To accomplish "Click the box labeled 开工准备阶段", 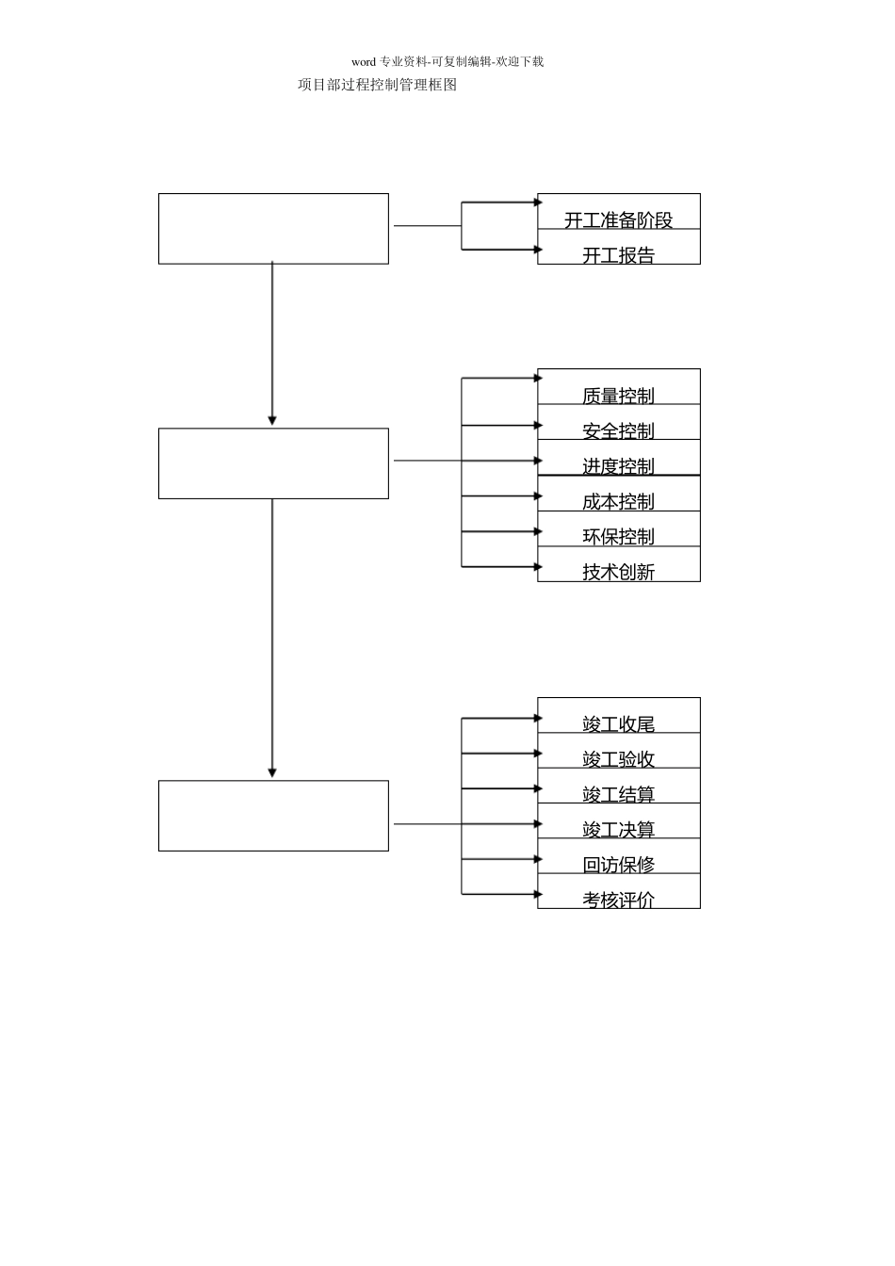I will (x=618, y=219).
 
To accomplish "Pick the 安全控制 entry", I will (x=618, y=430).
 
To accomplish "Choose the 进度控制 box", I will (x=618, y=465).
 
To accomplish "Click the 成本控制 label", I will (x=618, y=501).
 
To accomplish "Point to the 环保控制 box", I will (x=618, y=536).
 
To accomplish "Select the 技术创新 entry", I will (x=618, y=571).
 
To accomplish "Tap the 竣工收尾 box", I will (x=618, y=723).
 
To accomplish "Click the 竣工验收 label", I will (x=618, y=758).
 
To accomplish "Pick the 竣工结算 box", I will (x=618, y=794).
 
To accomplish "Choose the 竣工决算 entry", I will (x=618, y=829).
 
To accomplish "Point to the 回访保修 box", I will (x=618, y=864).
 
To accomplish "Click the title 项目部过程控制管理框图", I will (x=377, y=85).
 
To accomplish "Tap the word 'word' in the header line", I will (x=364, y=62).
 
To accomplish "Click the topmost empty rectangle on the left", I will (x=273, y=229).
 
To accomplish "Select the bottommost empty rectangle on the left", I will (x=273, y=816).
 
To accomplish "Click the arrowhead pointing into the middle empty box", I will (x=272, y=420).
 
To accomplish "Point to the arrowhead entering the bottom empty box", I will (x=272, y=772).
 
